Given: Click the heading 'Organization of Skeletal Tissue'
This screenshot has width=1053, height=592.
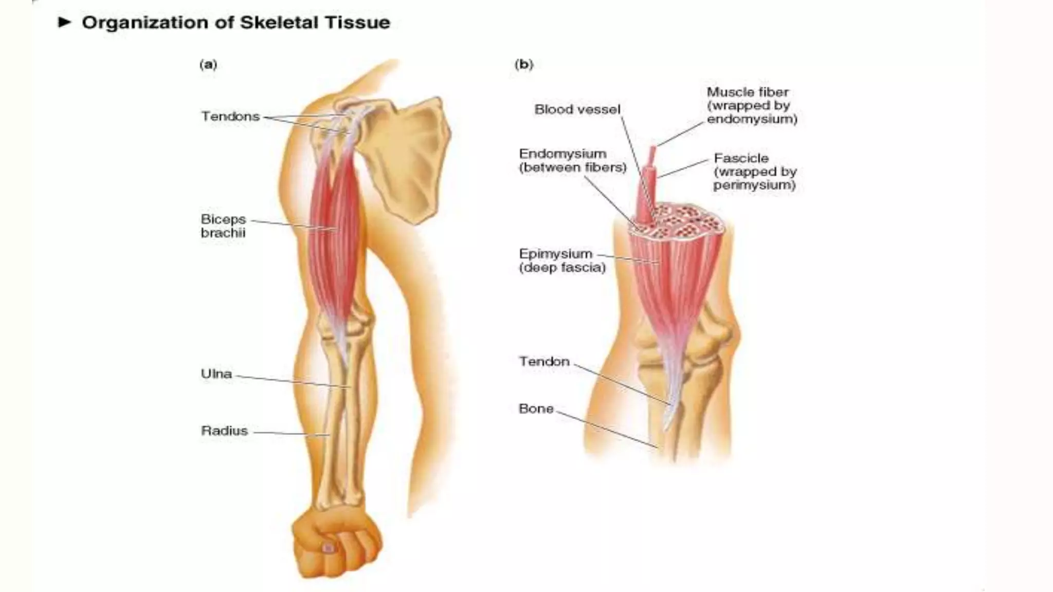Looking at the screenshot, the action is tap(235, 23).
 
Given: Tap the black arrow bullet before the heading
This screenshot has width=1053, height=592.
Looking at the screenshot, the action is tap(64, 22).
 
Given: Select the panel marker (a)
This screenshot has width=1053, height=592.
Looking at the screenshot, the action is tap(208, 65).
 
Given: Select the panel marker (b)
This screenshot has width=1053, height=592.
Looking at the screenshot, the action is tap(524, 65).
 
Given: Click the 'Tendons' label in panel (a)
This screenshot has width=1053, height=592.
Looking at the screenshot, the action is tap(230, 117).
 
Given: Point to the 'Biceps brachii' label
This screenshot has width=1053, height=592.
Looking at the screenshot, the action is tap(224, 226).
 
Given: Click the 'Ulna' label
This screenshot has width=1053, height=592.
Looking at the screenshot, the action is tap(216, 374).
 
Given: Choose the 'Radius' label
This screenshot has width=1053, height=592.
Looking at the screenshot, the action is tap(225, 431).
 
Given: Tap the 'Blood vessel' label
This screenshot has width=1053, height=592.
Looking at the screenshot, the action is tap(577, 109).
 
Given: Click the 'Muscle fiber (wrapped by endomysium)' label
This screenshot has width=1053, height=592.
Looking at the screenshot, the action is tap(751, 106).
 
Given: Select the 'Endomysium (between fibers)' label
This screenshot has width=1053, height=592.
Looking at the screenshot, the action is tap(572, 160).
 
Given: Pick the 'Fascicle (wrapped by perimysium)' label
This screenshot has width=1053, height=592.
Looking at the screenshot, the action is tap(755, 172).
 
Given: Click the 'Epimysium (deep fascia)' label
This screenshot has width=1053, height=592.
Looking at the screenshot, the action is tap(562, 261).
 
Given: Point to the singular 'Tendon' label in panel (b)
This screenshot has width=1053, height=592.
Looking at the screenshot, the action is tap(544, 362).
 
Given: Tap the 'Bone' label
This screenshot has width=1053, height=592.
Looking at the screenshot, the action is tap(536, 409).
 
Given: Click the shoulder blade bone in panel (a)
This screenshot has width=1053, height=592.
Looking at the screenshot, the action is tap(411, 154).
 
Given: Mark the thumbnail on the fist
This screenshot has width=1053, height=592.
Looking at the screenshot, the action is tap(328, 548).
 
